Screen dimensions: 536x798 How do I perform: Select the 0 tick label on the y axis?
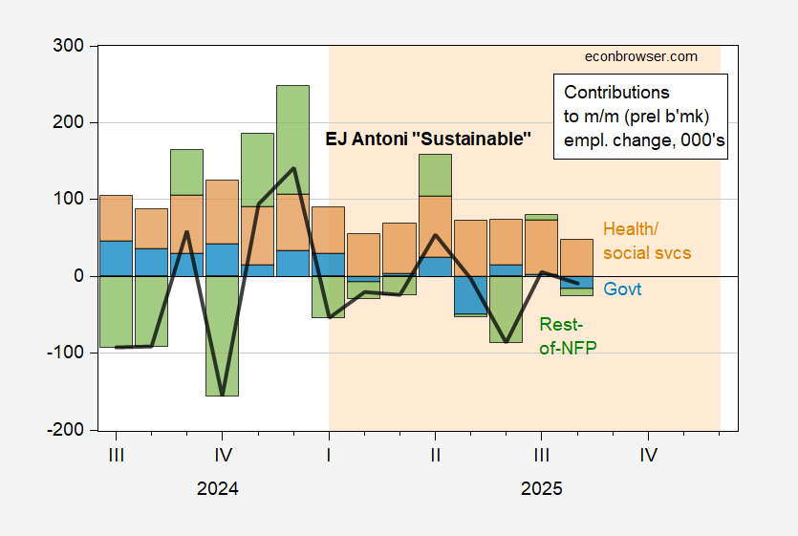pyautogui.click(x=79, y=276)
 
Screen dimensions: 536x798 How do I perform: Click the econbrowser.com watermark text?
pyautogui.click(x=640, y=56)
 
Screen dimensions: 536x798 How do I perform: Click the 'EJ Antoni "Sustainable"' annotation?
pyautogui.click(x=426, y=140)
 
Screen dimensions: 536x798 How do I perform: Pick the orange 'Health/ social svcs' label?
pyautogui.click(x=646, y=241)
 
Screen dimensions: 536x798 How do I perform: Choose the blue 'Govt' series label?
pyautogui.click(x=622, y=289)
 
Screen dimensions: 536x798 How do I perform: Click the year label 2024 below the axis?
pyautogui.click(x=218, y=488)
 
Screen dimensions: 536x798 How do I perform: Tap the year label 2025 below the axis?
pyautogui.click(x=542, y=488)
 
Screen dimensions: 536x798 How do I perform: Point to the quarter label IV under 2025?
pyautogui.click(x=648, y=455)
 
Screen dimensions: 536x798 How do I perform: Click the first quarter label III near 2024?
pyautogui.click(x=116, y=455)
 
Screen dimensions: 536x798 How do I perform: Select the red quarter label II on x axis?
pyautogui.click(x=435, y=455)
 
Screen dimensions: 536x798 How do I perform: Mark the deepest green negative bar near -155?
pyautogui.click(x=222, y=335)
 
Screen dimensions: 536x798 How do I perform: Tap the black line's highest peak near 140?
pyautogui.click(x=293, y=169)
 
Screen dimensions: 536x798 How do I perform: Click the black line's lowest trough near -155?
pyautogui.click(x=222, y=394)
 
